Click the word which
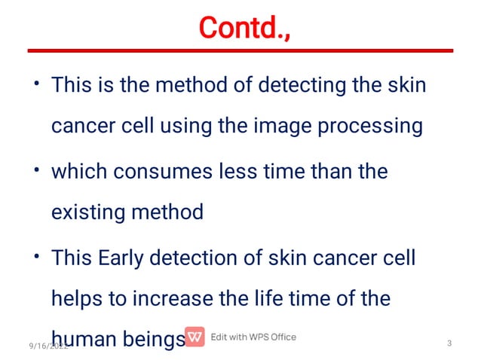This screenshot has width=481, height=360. pyautogui.click(x=80, y=171)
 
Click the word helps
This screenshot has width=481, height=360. pyautogui.click(x=78, y=299)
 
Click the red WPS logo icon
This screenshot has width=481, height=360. pyautogui.click(x=195, y=337)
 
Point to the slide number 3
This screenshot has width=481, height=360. pyautogui.click(x=449, y=344)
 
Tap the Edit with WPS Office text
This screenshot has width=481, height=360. pyautogui.click(x=253, y=337)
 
